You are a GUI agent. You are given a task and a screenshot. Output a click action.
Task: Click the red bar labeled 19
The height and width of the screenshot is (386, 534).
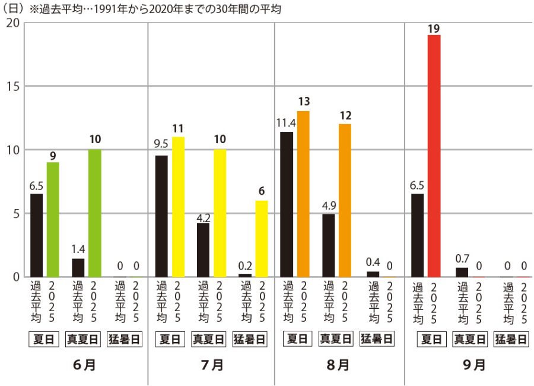(434, 156)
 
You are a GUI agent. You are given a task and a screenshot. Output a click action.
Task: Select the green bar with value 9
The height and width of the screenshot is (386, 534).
(53, 220)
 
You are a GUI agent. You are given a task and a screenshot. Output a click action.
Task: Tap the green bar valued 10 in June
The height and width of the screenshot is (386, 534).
(95, 213)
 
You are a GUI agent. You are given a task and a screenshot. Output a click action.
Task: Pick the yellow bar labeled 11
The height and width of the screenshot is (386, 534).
(178, 207)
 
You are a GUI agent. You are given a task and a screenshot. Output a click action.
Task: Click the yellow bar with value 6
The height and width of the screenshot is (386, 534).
(261, 239)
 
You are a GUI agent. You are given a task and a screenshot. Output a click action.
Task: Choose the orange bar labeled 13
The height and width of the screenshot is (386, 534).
(303, 194)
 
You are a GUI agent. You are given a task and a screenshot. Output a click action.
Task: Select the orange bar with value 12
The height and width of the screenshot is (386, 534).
(345, 200)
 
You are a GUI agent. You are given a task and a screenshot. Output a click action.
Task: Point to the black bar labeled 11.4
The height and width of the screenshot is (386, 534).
(287, 204)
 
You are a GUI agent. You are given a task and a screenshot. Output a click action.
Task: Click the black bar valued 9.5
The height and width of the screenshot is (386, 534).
(161, 216)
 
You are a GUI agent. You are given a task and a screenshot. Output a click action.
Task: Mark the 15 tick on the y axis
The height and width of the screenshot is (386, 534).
(13, 87)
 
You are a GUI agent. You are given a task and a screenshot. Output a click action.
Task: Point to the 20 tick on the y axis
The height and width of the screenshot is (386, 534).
(13, 23)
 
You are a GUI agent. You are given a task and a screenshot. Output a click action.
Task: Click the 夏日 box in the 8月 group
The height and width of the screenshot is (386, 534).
(295, 340)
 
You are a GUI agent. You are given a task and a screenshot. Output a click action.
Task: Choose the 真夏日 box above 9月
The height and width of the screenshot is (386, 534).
(470, 340)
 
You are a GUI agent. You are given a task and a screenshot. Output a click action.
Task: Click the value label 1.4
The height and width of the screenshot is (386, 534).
(78, 249)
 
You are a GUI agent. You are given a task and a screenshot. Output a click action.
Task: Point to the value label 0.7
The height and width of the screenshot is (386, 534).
(462, 259)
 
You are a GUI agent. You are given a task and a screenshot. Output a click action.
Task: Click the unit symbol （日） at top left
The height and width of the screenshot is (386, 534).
(14, 9)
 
